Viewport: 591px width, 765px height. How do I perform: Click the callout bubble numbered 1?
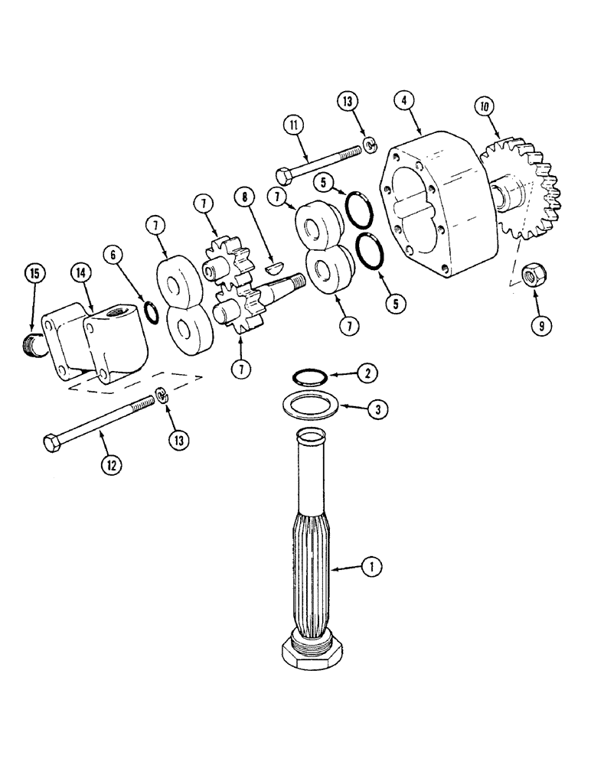pos(371,567)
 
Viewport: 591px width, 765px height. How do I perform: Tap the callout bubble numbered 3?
pos(375,408)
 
